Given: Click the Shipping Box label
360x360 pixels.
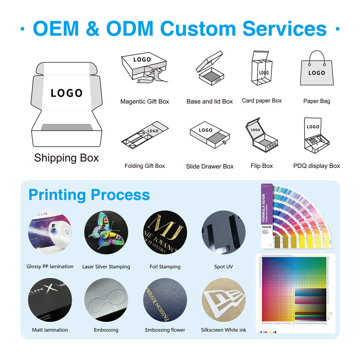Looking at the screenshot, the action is point(66,158).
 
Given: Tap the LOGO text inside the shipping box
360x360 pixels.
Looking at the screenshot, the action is point(66,93).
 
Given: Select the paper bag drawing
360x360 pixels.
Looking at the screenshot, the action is point(316,69).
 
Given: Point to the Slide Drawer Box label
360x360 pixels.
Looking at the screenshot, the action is point(210,166).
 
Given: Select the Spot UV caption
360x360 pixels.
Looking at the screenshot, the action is point(224,267).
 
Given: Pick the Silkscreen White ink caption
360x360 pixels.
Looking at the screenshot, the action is point(224,330).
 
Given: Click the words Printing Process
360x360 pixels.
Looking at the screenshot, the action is point(89,195).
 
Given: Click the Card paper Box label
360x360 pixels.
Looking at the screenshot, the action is point(262,101).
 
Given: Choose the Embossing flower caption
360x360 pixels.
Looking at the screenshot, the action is point(165,330).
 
